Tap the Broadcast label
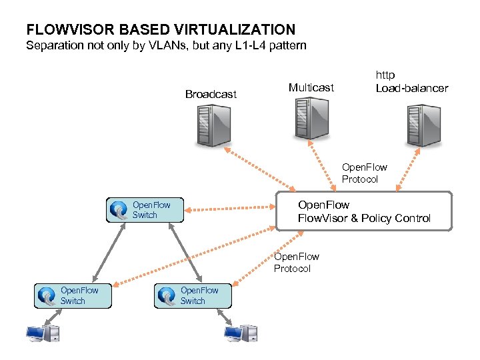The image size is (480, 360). (x=211, y=95)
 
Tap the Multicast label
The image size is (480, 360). (x=311, y=87)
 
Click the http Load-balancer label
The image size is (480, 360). (x=411, y=81)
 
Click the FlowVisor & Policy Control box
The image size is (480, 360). (x=364, y=211)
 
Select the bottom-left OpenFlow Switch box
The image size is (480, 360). (x=73, y=295)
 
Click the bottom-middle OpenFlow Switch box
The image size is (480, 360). (x=193, y=295)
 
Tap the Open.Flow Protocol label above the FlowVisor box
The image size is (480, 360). (x=364, y=173)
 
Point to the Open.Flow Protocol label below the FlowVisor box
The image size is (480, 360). (x=297, y=262)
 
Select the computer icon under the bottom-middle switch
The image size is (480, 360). (x=241, y=333)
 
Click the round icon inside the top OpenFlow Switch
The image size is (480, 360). (x=120, y=211)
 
